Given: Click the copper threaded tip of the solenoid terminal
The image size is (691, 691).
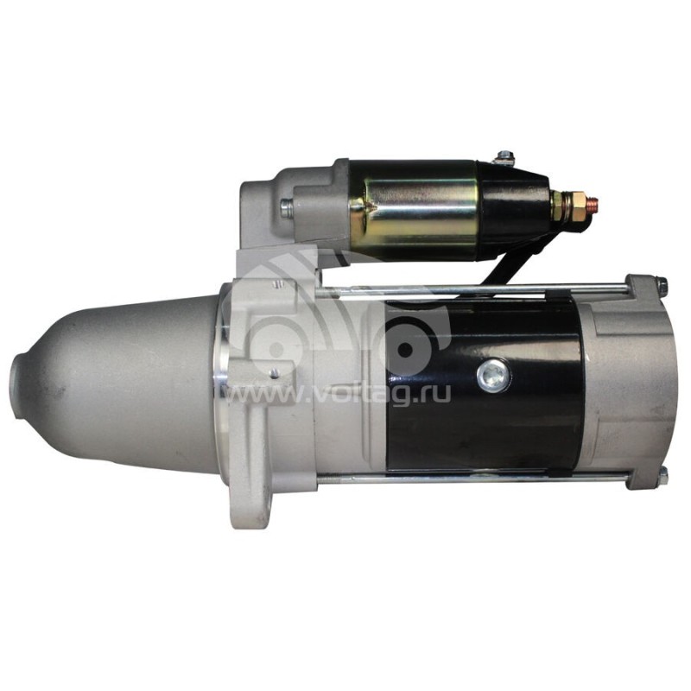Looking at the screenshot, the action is point(594,206).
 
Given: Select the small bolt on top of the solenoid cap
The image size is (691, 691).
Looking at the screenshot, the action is point(504,157).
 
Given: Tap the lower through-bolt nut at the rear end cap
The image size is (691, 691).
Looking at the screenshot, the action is point(662,476).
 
